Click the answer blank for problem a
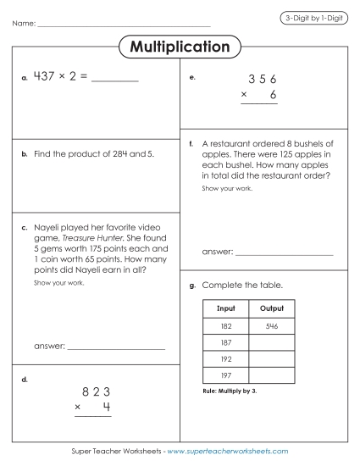tap(114, 81)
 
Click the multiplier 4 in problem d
tap(107, 408)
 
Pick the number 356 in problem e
tap(263, 80)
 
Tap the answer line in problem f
tap(284, 253)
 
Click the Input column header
tap(226, 308)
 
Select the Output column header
tap(271, 308)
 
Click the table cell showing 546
tap(271, 326)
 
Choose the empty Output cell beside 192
tap(271, 358)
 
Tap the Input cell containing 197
tap(226, 374)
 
